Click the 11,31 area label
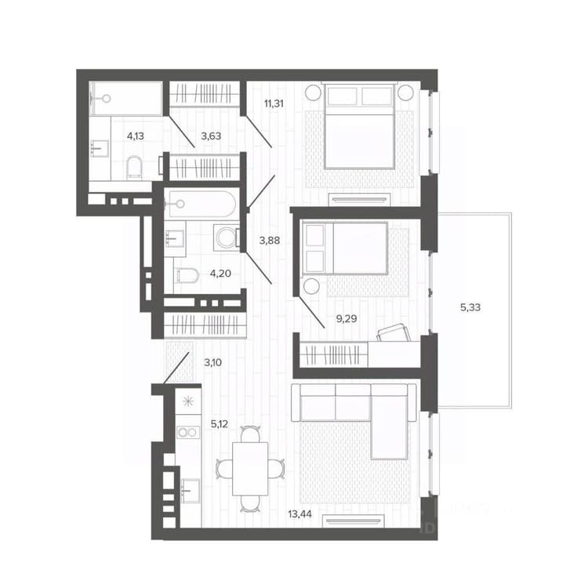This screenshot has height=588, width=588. [x=274, y=103]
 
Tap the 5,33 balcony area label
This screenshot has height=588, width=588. [x=470, y=307]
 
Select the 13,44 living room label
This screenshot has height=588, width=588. [x=299, y=514]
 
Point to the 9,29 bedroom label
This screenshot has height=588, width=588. [x=346, y=319]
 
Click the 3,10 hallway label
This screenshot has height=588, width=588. [x=212, y=363]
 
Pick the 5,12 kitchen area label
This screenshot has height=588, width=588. [x=220, y=424]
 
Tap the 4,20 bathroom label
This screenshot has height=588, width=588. [x=220, y=274]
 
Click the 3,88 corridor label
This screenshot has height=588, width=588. [x=270, y=241]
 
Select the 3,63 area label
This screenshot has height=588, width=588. [x=211, y=136]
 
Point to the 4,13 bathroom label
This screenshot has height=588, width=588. [x=136, y=136]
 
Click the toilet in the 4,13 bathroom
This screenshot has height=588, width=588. [x=134, y=167]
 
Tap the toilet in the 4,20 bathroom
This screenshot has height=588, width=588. [x=187, y=276]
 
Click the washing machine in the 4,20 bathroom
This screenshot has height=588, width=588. [x=227, y=238]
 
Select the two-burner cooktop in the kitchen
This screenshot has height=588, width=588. [x=188, y=432]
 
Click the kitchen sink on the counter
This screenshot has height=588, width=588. [x=191, y=491]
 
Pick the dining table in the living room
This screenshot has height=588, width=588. [x=250, y=469]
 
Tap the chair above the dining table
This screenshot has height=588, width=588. [x=250, y=434]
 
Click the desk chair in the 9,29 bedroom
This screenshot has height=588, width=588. [x=393, y=332]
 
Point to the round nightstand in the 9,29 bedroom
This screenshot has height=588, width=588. [x=311, y=287]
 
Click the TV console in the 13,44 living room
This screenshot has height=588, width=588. [x=354, y=521]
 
